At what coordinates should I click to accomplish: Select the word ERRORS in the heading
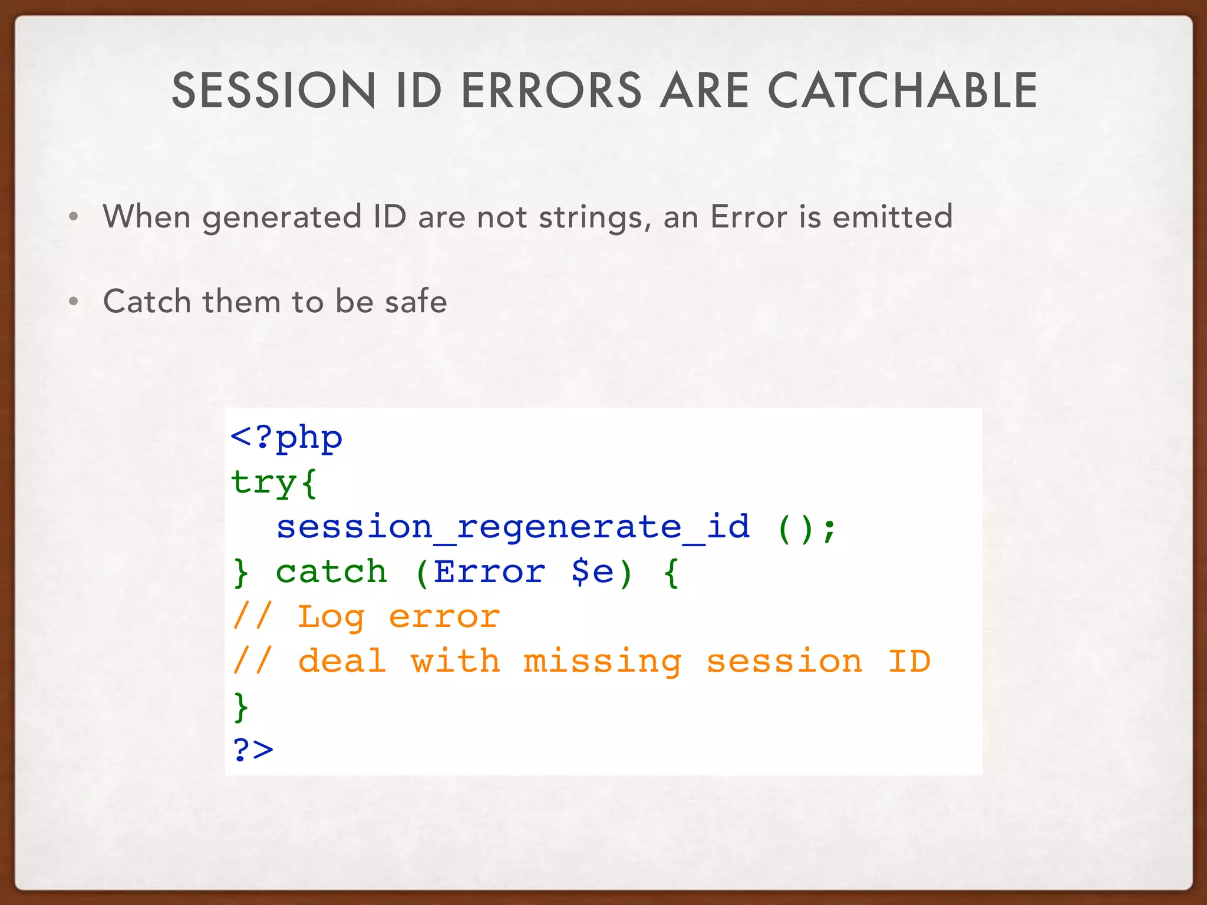pyautogui.click(x=551, y=91)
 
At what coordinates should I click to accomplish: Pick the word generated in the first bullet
pyautogui.click(x=282, y=218)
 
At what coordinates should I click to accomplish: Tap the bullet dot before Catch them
pyautogui.click(x=74, y=302)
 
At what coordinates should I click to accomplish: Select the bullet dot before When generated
pyautogui.click(x=74, y=217)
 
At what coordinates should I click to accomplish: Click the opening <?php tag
pyautogui.click(x=286, y=438)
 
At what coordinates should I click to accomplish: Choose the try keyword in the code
pyautogui.click(x=263, y=483)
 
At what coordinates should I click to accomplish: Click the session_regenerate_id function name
pyautogui.click(x=513, y=527)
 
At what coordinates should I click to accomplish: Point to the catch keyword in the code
pyautogui.click(x=331, y=572)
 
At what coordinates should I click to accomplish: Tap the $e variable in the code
pyautogui.click(x=593, y=572)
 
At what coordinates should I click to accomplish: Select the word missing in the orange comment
pyautogui.click(x=602, y=661)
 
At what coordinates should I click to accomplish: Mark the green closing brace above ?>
pyautogui.click(x=241, y=706)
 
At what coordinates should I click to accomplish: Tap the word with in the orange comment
pyautogui.click(x=455, y=661)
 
